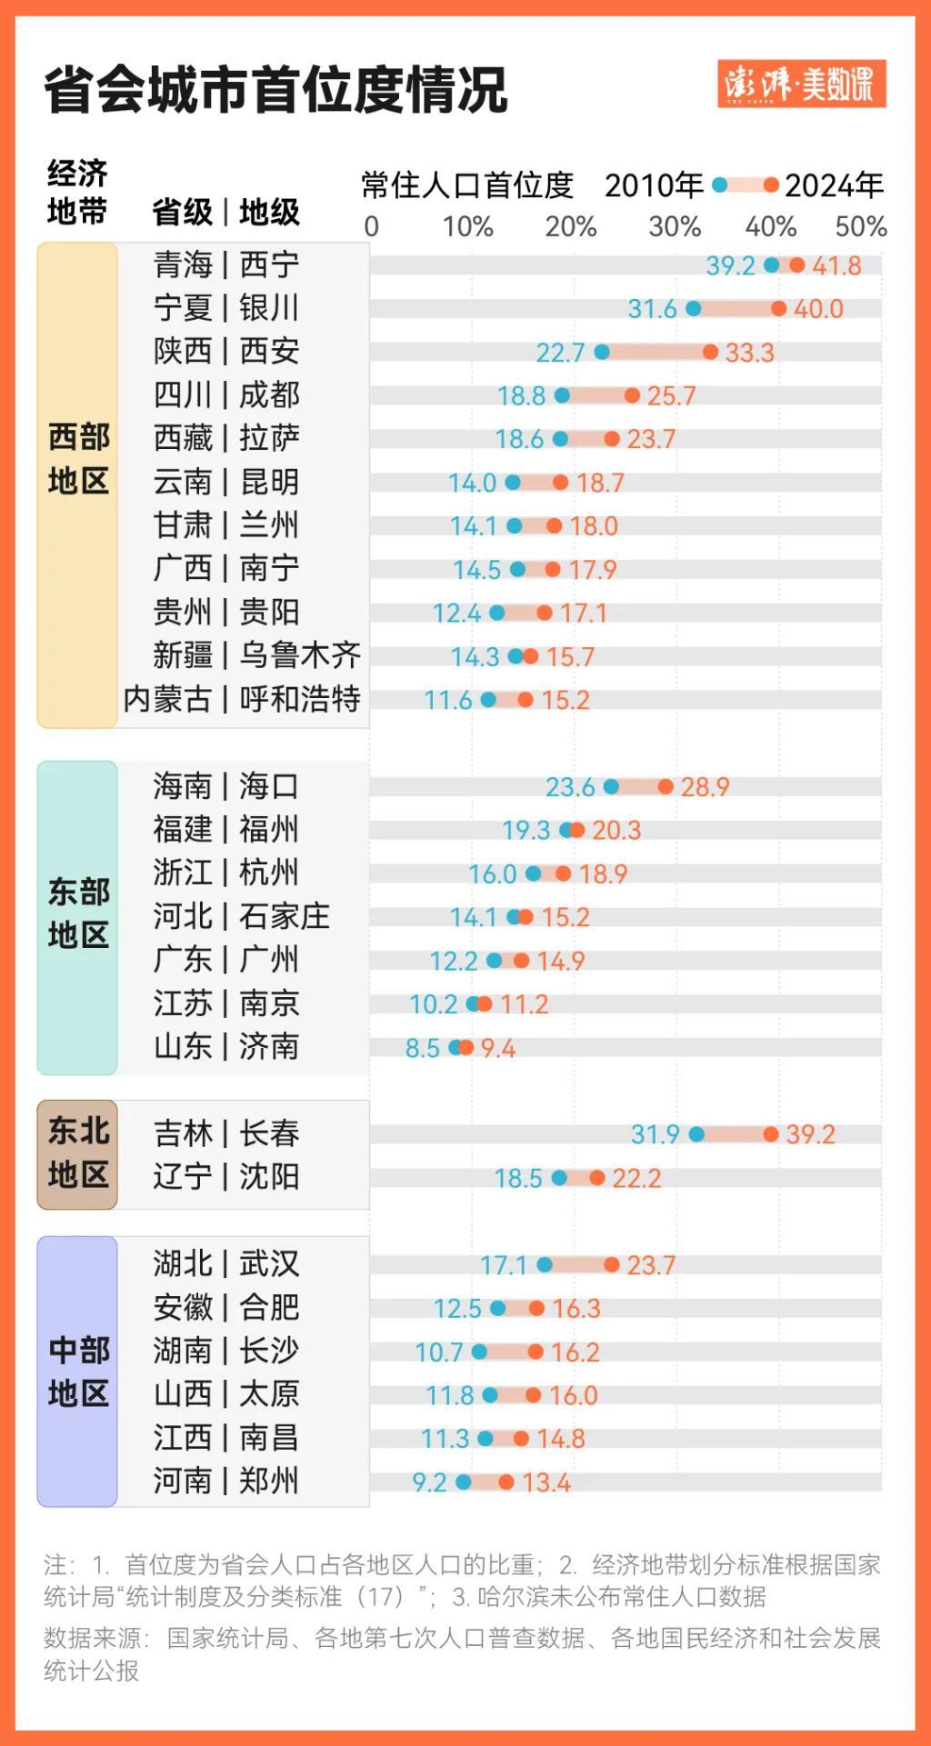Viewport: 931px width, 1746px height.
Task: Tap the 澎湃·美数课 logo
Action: coord(801,85)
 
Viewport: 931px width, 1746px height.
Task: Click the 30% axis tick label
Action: coord(674,226)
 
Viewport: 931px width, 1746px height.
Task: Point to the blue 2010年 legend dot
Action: coord(720,185)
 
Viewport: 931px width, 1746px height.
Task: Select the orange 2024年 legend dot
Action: coord(771,185)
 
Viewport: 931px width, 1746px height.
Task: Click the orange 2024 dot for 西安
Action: coord(710,352)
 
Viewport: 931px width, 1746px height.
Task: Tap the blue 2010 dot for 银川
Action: coord(694,309)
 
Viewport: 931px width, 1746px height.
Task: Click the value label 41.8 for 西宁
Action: coord(836,265)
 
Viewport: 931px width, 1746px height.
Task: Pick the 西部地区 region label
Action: coord(78,459)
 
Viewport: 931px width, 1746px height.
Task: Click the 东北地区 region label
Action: coord(78,1153)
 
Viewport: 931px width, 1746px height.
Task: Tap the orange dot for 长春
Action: coord(771,1134)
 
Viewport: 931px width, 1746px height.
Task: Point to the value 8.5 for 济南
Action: coord(422,1048)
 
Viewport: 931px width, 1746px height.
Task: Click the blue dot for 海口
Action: coord(611,786)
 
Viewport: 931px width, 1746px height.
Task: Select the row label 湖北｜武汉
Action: coord(225,1263)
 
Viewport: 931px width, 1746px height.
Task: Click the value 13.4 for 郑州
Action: coord(546,1482)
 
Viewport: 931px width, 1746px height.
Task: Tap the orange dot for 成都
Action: coord(632,395)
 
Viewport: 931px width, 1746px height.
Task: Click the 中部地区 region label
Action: coord(78,1372)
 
